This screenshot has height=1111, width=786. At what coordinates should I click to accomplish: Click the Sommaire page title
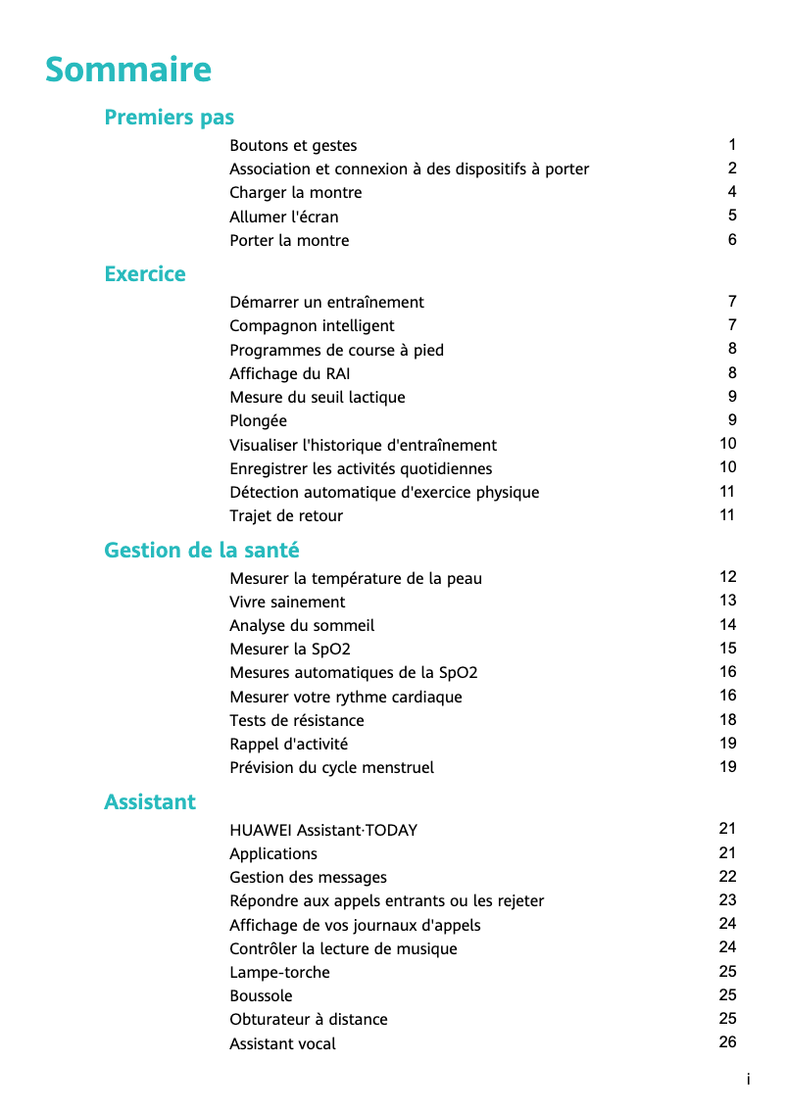tap(128, 71)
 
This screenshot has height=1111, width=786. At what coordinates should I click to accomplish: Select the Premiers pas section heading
tap(169, 118)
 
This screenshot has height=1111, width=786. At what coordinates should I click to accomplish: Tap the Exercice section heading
tap(145, 274)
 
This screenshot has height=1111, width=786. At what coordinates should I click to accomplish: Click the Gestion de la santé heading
tap(202, 551)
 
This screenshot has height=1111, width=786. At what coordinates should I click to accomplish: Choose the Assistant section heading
tap(150, 802)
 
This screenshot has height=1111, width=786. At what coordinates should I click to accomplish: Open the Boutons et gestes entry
tap(293, 146)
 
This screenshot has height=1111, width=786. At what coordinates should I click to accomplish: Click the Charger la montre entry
tap(295, 193)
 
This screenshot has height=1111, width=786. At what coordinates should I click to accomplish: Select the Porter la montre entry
tap(289, 241)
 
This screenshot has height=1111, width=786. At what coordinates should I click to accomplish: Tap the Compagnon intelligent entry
tap(312, 326)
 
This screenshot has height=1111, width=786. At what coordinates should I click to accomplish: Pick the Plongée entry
tap(258, 421)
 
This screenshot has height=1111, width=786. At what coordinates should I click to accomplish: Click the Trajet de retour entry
tap(286, 516)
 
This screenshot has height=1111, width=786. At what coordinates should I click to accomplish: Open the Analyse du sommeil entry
tap(302, 626)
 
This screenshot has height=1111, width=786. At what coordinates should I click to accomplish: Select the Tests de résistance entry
tap(296, 721)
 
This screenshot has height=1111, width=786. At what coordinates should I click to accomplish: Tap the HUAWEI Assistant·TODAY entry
tap(323, 831)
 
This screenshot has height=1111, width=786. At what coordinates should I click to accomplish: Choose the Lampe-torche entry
tap(279, 973)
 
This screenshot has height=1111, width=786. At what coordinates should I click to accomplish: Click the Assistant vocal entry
tap(282, 1044)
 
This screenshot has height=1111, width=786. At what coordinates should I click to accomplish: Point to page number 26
tap(727, 1042)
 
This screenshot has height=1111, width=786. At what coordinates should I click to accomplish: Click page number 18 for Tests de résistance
tap(727, 720)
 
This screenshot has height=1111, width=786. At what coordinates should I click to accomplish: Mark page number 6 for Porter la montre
tap(732, 240)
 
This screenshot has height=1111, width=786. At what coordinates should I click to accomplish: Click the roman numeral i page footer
tap(749, 1080)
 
